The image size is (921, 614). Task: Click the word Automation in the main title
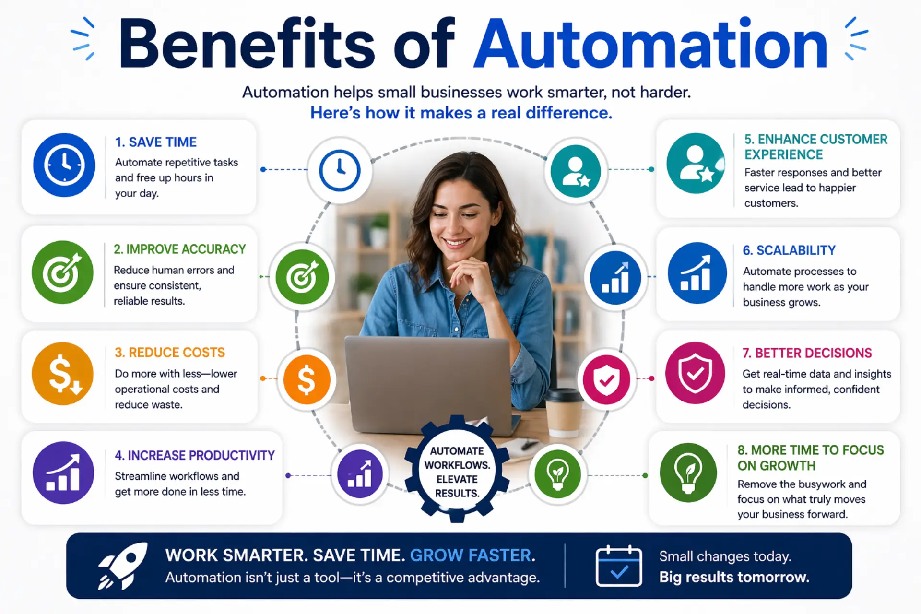[650, 44]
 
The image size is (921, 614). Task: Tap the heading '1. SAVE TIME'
[156, 142]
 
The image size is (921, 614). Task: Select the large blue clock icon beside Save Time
[64, 165]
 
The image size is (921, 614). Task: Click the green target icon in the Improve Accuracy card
[62, 272]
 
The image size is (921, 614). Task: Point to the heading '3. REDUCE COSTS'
[170, 353]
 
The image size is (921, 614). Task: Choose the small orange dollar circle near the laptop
[307, 379]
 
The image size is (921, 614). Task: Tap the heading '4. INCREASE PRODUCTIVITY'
[195, 455]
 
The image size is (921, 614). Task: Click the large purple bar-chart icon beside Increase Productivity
[63, 472]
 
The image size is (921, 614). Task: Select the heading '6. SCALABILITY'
[789, 250]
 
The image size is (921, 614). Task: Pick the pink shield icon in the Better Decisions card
[695, 373]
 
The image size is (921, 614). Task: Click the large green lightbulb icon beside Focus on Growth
[688, 472]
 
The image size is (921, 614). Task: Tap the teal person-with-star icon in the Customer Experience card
[696, 163]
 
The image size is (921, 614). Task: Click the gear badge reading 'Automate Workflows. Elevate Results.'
[457, 469]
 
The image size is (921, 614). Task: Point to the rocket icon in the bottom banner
[123, 566]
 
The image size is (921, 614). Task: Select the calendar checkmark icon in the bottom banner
[619, 566]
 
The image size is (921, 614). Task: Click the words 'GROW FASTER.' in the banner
[472, 555]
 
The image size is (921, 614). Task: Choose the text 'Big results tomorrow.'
[734, 577]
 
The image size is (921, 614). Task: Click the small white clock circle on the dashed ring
[340, 170]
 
